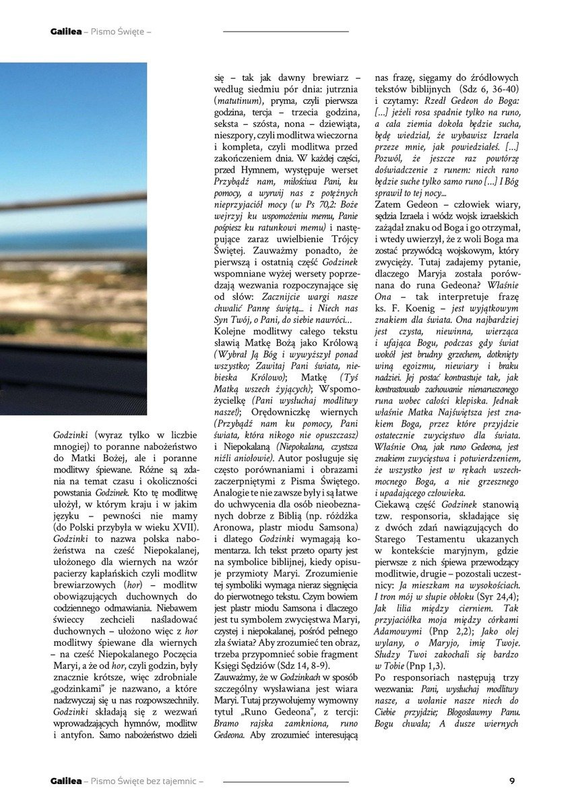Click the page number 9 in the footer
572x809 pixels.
pos(512,781)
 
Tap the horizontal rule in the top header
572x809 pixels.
pos(286,31)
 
